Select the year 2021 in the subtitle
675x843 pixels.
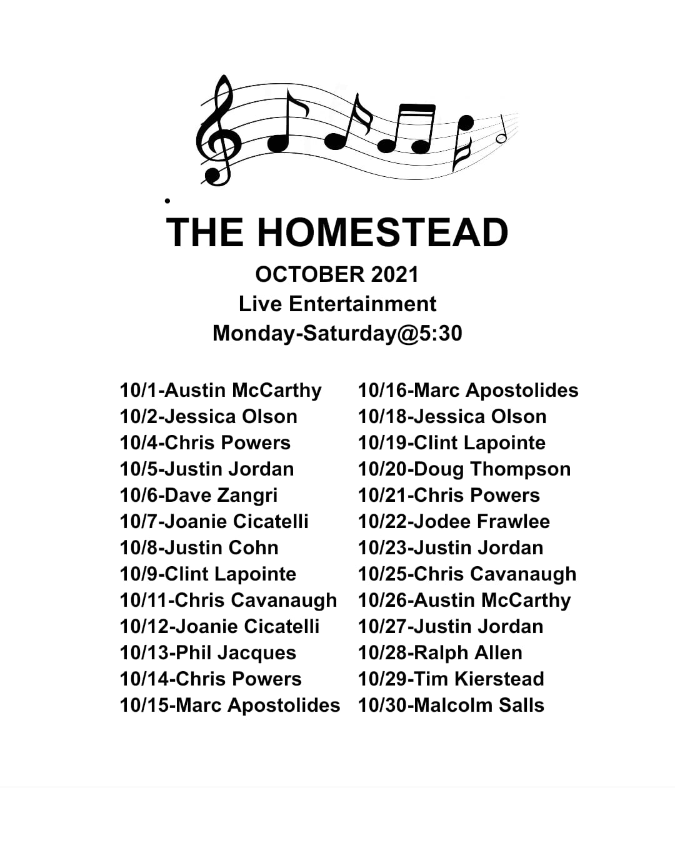[395, 274]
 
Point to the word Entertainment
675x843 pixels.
[362, 304]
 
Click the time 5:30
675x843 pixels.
[441, 333]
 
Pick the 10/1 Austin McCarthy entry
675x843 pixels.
[221, 391]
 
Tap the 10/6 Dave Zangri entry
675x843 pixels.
[199, 496]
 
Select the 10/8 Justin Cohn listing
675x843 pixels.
[199, 547]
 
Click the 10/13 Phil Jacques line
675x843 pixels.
[208, 653]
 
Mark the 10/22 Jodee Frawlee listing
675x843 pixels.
[454, 522]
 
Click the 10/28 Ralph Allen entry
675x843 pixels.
[441, 652]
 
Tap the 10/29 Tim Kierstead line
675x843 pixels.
[451, 679]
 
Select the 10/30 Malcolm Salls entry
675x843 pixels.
[451, 705]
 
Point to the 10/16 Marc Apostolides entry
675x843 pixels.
[468, 391]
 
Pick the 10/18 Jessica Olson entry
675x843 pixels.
[452, 417]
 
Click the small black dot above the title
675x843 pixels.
[167, 201]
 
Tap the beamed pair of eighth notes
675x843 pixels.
[407, 129]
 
